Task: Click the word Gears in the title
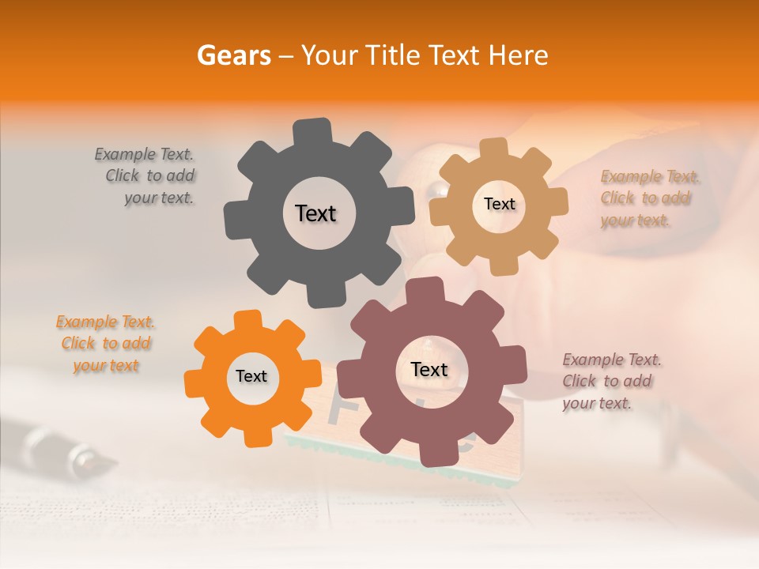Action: coord(231,55)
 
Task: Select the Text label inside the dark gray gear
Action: coord(315,213)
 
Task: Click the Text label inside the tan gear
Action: coord(499,204)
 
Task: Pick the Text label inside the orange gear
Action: coord(251,377)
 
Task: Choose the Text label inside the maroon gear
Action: coord(429,370)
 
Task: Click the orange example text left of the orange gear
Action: coord(105,344)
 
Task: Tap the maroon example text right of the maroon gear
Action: coord(611,381)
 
